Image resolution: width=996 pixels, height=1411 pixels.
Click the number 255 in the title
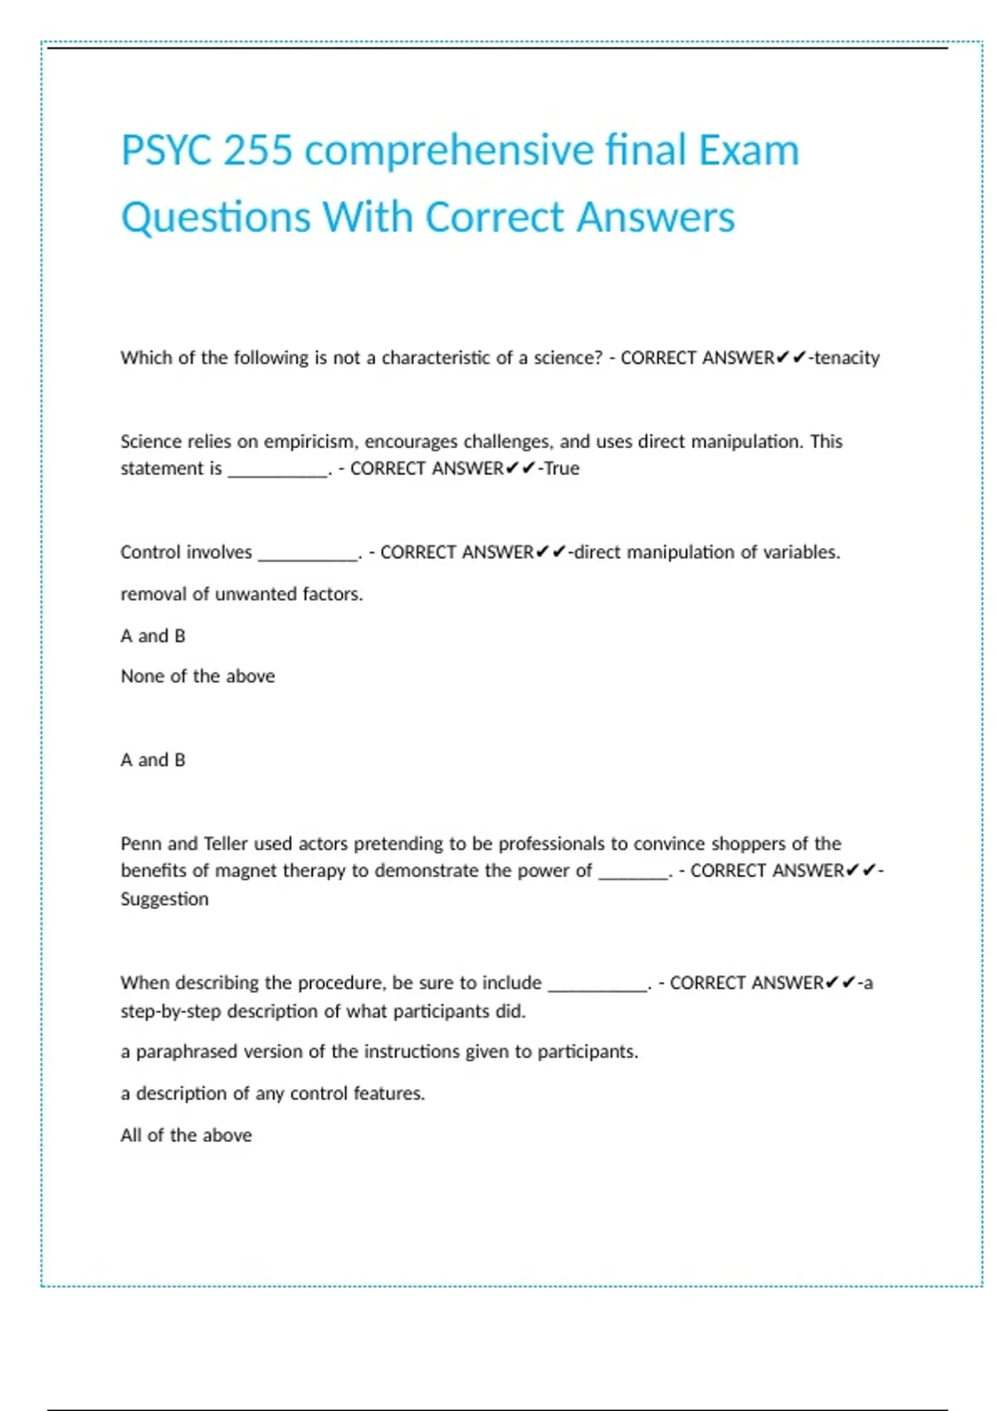point(258,150)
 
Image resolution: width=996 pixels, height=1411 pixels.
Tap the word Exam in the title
point(748,150)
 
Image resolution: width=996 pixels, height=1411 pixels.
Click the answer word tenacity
point(847,358)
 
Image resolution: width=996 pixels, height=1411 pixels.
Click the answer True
point(562,469)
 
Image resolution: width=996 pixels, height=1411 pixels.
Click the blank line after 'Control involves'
point(308,555)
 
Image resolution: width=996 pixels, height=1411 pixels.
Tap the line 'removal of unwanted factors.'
point(242,594)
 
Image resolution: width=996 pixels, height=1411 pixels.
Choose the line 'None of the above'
point(198,676)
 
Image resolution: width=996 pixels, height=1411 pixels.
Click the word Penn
point(140,844)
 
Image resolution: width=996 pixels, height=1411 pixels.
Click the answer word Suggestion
point(164,899)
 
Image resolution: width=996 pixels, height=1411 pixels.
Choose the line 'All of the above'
point(186,1135)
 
